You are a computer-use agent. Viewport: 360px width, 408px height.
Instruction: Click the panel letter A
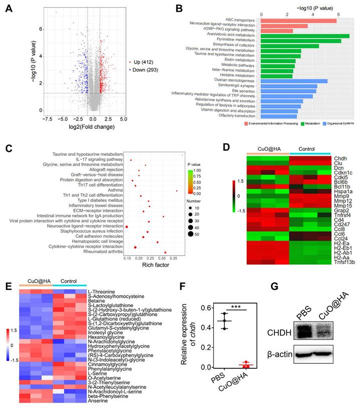[x=9, y=9]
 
